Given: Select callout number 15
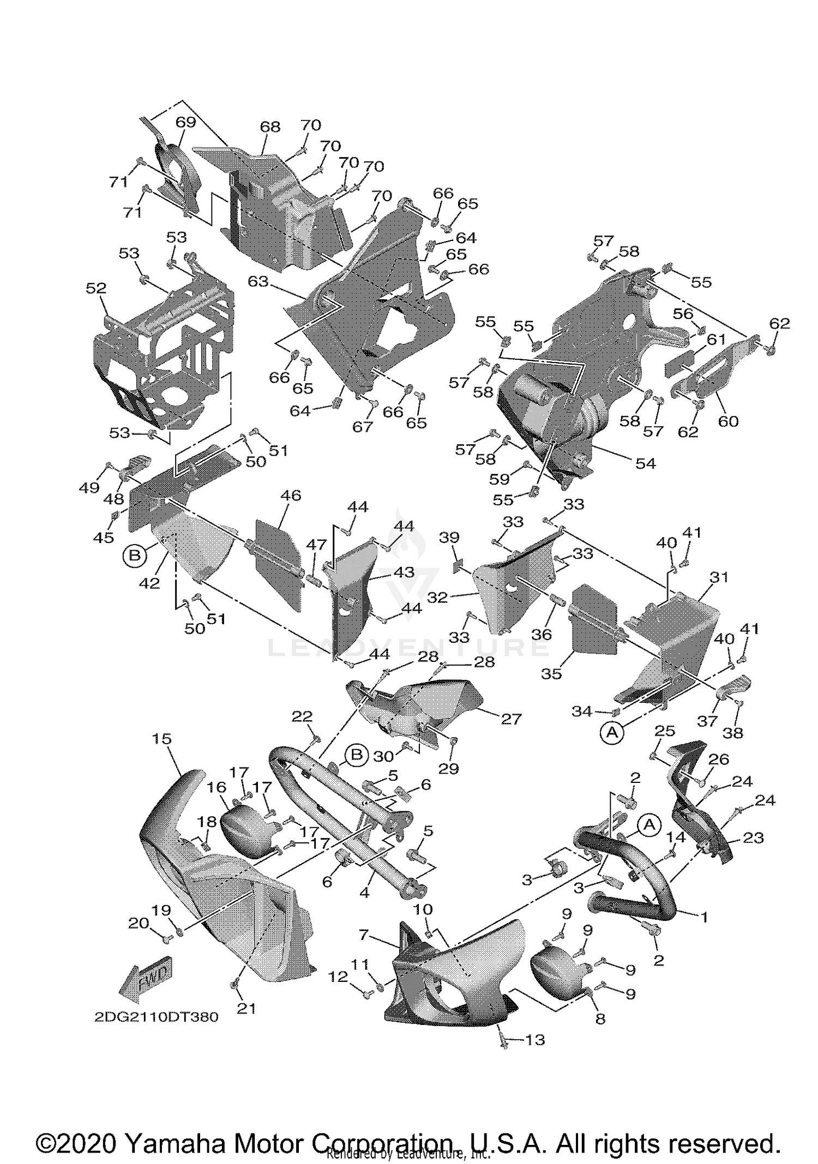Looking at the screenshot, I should point(161,739).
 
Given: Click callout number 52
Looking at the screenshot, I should point(96,288).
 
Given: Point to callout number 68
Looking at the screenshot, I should point(270,127).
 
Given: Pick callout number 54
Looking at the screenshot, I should point(645,463).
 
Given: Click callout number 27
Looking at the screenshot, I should point(511,719).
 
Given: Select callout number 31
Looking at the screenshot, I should point(719,577).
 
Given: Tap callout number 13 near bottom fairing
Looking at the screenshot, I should point(534,1040).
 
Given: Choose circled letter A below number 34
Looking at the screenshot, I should point(612,733).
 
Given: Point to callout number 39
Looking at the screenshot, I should point(449,538).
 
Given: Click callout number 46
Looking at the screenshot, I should point(291,495).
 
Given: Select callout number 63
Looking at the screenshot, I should point(258,281).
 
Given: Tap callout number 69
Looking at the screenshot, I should point(185,122).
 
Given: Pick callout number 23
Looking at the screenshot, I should point(753,837).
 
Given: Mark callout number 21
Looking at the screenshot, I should point(246,1009).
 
